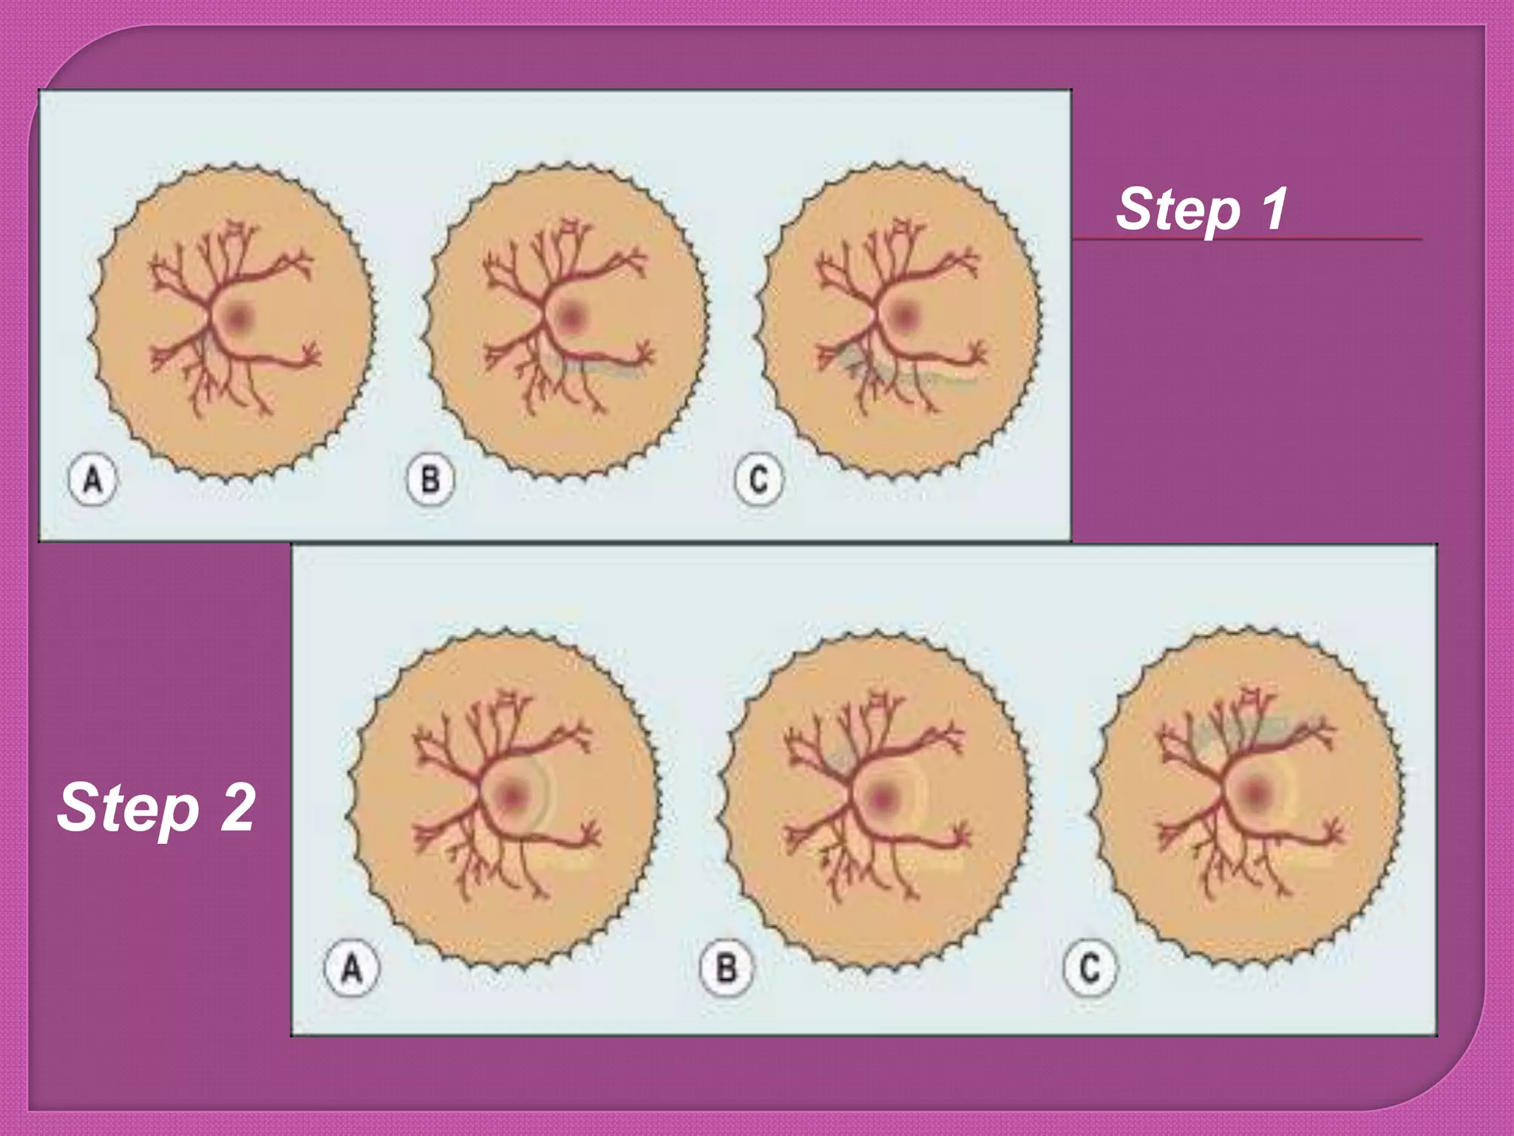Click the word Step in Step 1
(1178, 209)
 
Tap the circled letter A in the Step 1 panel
(92, 481)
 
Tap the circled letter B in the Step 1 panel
(430, 481)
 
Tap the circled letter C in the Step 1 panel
(758, 481)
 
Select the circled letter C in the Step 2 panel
(1090, 967)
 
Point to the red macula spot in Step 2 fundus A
(512, 797)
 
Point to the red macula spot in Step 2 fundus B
(882, 798)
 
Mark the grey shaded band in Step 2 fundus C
(1257, 728)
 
